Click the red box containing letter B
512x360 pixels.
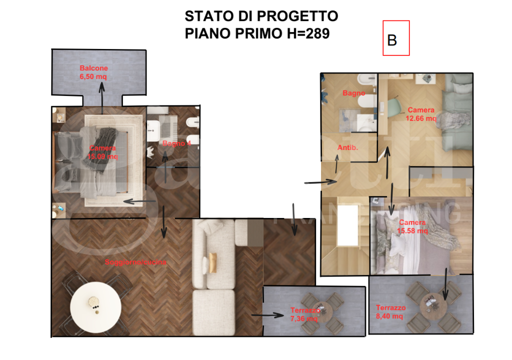point(396,38)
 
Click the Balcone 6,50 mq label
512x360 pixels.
point(93,72)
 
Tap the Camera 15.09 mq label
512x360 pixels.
point(102,152)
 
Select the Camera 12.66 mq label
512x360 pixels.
point(421,114)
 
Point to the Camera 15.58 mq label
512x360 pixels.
point(412,226)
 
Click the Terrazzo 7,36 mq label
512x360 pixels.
point(303,314)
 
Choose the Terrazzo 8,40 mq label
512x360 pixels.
point(390,312)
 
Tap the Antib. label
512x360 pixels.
point(347,148)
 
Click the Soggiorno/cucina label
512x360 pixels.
point(135,262)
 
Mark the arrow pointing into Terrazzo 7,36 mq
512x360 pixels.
point(267,315)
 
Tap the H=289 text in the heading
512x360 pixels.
point(306,34)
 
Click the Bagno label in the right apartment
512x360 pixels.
point(353,93)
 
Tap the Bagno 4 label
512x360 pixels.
point(177,143)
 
